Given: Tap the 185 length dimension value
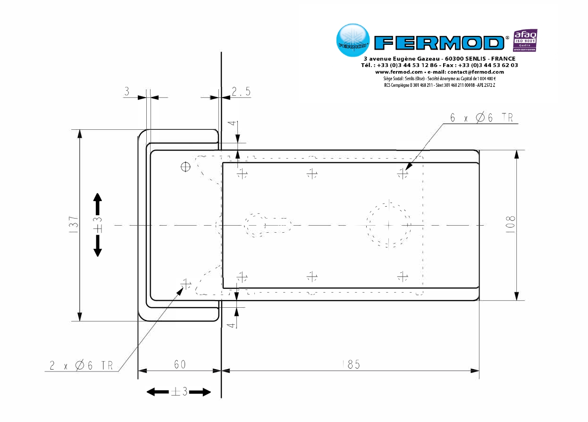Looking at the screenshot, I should click(x=351, y=364).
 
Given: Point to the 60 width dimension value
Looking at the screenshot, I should click(x=179, y=364).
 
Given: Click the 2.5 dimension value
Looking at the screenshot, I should click(x=241, y=92).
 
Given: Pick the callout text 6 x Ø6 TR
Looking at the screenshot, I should click(x=481, y=118).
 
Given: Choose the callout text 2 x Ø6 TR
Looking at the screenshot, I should click(x=81, y=365).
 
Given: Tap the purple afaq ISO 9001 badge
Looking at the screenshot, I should click(x=525, y=41).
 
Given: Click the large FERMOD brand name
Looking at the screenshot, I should click(x=439, y=43).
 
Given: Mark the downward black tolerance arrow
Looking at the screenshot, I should click(x=98, y=246).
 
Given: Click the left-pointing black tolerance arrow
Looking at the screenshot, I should click(x=157, y=391).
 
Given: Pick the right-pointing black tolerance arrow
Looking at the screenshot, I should click(x=200, y=391).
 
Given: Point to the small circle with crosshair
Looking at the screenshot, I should click(x=186, y=166).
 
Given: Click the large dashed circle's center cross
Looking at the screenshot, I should click(x=388, y=224).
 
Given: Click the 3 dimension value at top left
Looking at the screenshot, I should click(x=126, y=92).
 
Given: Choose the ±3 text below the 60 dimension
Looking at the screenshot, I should click(x=179, y=391).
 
